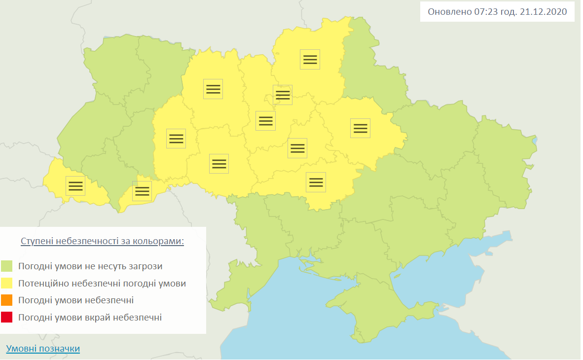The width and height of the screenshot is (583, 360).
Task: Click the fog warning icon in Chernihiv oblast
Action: tap(310, 59)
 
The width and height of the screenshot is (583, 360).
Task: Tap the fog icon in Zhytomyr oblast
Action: tap(213, 89)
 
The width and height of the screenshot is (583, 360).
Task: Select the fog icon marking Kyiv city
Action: tap(283, 95)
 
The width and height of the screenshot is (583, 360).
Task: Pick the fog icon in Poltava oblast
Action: tap(361, 128)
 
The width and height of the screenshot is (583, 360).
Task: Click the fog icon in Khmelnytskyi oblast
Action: tap(176, 138)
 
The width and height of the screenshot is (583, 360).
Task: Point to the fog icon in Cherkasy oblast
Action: tap(297, 148)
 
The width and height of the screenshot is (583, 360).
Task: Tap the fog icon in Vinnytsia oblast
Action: tap(219, 163)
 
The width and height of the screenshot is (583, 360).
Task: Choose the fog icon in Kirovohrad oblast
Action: tap(316, 182)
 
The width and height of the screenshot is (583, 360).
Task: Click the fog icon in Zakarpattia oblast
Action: tap(75, 185)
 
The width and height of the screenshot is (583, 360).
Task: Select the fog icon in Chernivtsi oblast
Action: tap(142, 191)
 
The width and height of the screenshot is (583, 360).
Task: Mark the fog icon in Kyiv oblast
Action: tap(265, 120)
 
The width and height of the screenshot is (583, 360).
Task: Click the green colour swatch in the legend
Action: tap(7, 266)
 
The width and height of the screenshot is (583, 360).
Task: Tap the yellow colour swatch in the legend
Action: tap(7, 284)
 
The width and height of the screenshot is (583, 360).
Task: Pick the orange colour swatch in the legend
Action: tap(7, 300)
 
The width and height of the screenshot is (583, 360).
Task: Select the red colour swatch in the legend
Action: tap(7, 318)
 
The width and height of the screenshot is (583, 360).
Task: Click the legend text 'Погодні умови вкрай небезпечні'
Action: tap(90, 318)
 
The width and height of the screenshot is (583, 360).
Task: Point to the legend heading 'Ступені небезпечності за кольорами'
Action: tap(102, 242)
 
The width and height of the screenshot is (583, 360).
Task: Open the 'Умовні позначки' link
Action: tap(43, 349)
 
